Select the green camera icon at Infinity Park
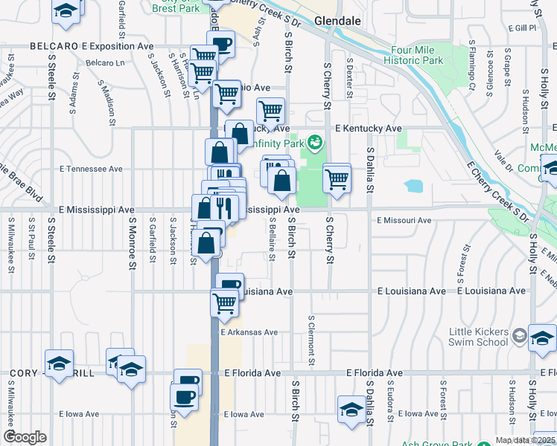[316, 141]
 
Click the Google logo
[25, 436]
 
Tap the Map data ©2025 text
[524, 440]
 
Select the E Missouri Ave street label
[404, 220]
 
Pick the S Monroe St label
[133, 242]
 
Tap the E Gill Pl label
[521, 28]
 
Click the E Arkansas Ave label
[249, 332]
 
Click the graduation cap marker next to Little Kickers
[541, 338]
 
